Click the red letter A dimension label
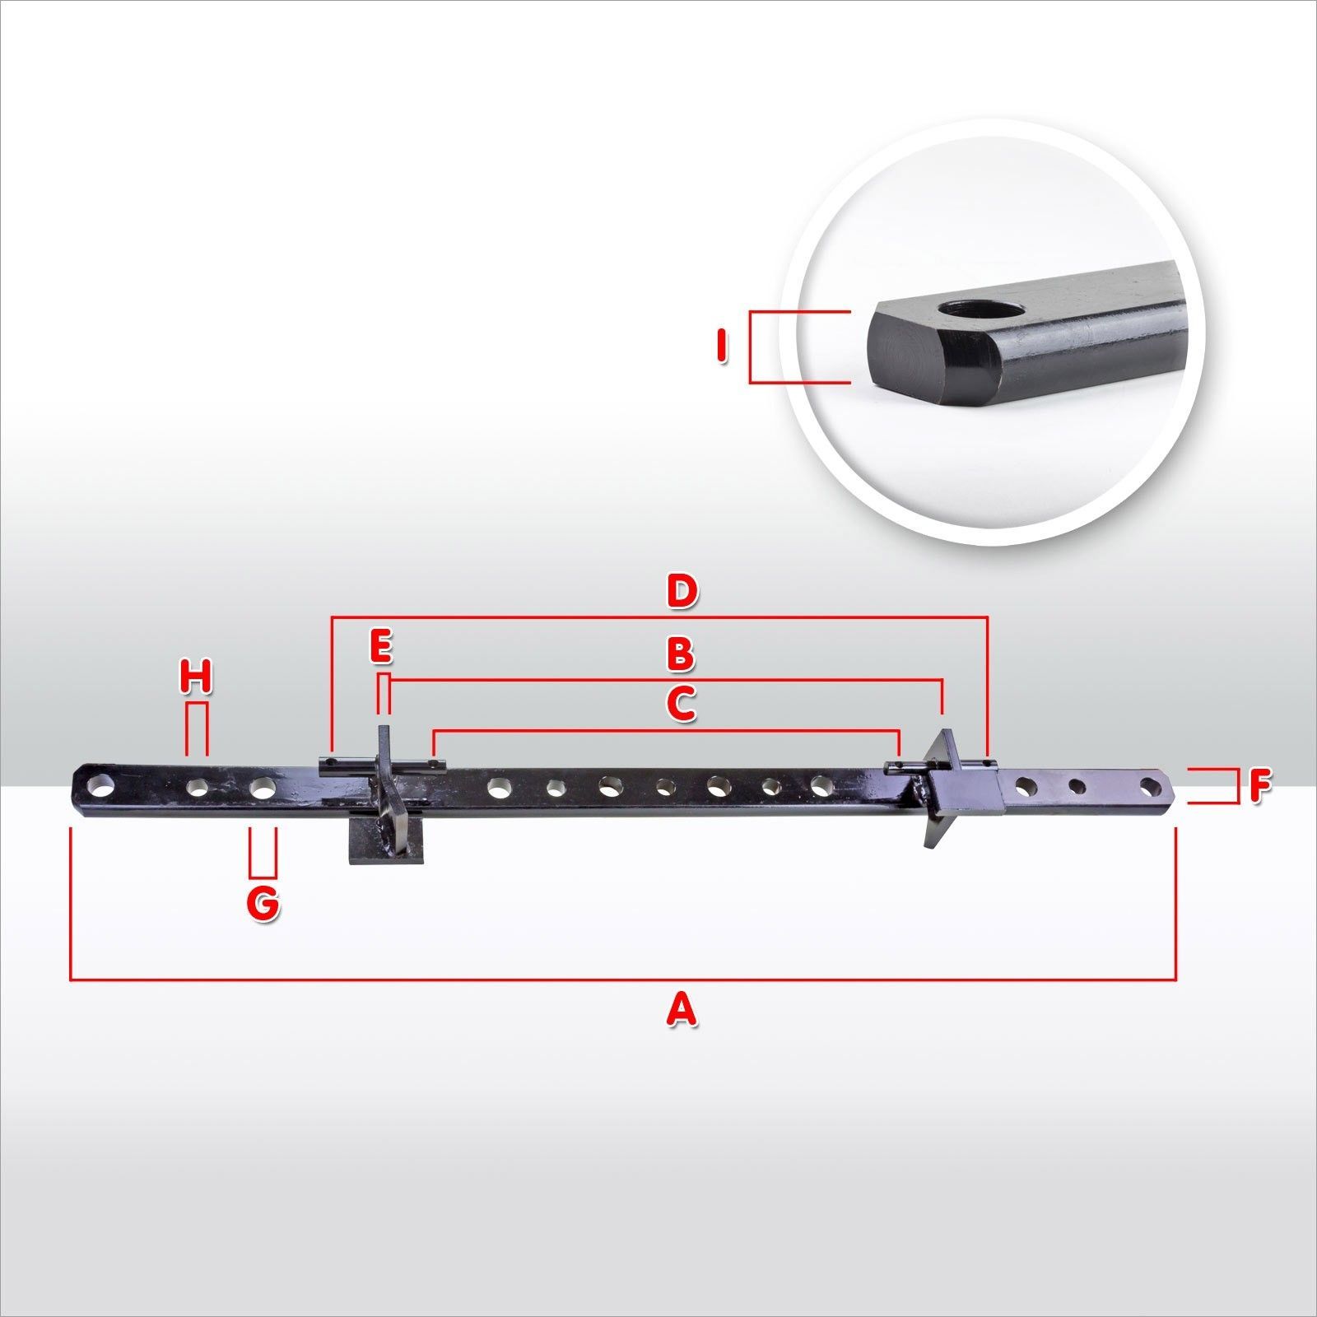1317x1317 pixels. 681,1009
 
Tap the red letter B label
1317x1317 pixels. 681,655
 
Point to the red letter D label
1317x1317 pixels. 682,591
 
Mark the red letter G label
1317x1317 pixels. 263,904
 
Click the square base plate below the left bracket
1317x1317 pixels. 384,846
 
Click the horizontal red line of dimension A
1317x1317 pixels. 623,980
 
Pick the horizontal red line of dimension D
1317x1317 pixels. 658,617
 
